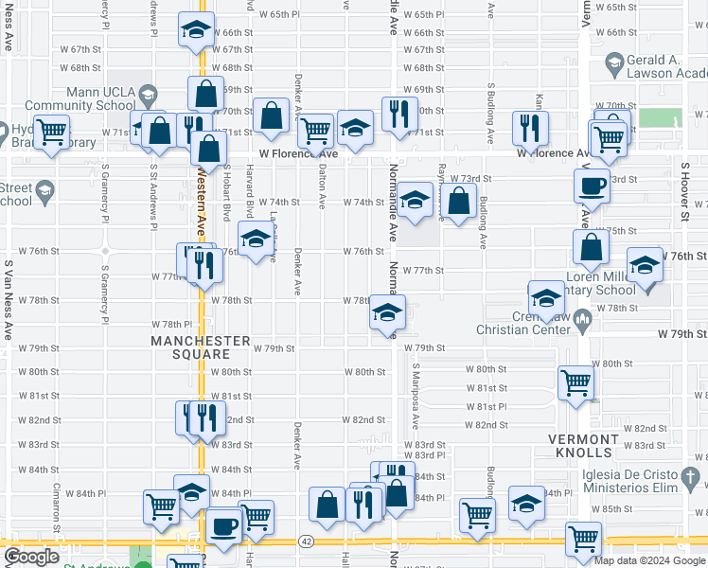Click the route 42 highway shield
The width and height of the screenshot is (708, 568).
tap(306, 541)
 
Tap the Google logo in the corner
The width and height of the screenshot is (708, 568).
tap(31, 557)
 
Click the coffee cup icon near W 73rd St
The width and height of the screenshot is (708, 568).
tap(592, 185)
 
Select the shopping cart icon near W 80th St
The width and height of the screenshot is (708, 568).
tap(575, 382)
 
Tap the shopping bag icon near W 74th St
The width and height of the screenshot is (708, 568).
tap(459, 201)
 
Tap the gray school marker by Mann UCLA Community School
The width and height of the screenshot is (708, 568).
tap(147, 94)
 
